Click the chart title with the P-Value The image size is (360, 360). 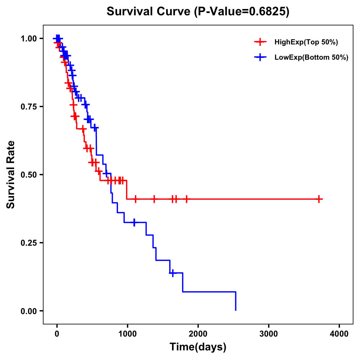[198, 12]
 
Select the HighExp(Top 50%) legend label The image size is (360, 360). [306, 42]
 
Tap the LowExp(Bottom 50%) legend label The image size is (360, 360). [311, 58]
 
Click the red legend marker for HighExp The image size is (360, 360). [260, 42]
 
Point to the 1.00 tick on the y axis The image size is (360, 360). [28, 39]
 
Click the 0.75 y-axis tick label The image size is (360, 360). [28, 107]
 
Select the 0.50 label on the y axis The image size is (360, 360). [28, 175]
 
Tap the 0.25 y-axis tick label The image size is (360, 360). [28, 243]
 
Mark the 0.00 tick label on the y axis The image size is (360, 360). [28, 311]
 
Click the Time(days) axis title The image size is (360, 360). [198, 347]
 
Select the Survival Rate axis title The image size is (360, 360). [11, 175]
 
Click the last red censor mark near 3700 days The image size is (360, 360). [319, 199]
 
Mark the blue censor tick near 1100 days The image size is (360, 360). [134, 222]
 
